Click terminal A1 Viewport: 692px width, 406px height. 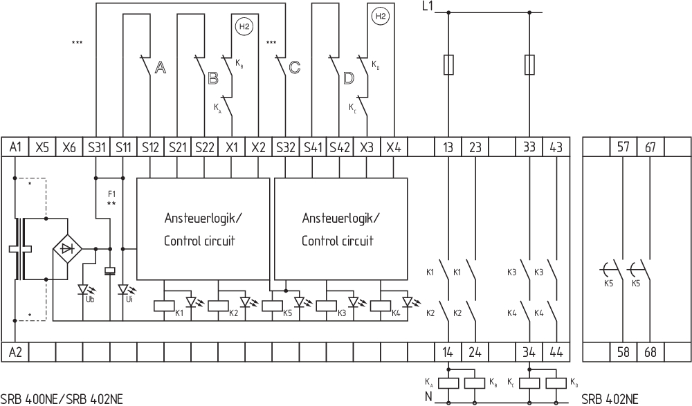pos(15,147)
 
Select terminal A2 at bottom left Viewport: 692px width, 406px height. pos(15,352)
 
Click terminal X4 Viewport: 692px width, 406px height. pos(394,147)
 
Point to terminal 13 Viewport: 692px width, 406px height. pos(448,147)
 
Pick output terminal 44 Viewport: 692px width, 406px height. pos(556,352)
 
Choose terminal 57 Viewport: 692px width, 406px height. pos(623,147)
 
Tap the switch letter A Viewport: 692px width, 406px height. pos(160,68)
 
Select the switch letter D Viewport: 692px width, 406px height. pos(349,77)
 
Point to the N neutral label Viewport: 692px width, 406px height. pos(429,397)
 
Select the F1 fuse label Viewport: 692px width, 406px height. pos(111,194)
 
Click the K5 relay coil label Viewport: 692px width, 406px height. pos(287,313)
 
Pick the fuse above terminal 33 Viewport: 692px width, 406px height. pos(530,65)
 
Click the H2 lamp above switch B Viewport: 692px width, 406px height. pos(243,27)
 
